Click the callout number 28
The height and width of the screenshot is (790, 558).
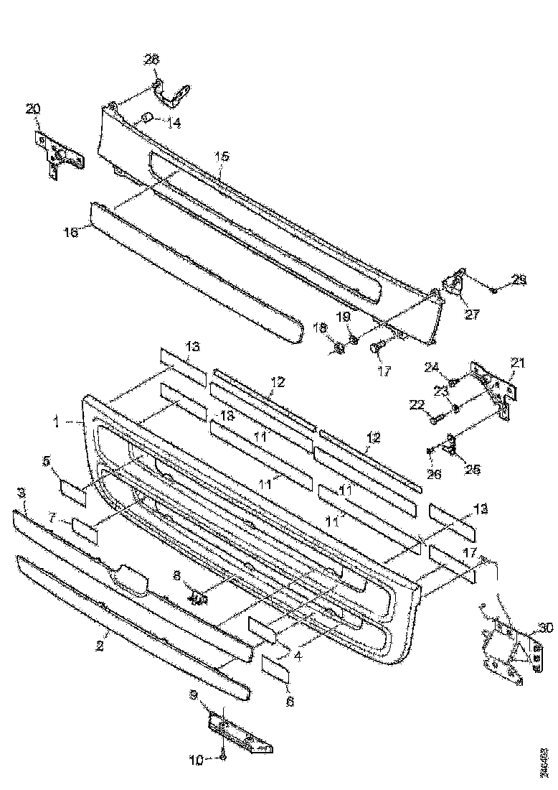(x=151, y=60)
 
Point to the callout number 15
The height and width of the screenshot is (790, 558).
(x=222, y=156)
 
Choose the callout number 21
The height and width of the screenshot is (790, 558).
(x=518, y=363)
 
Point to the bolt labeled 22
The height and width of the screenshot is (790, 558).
(x=440, y=414)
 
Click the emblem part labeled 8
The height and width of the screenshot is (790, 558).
(x=197, y=595)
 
